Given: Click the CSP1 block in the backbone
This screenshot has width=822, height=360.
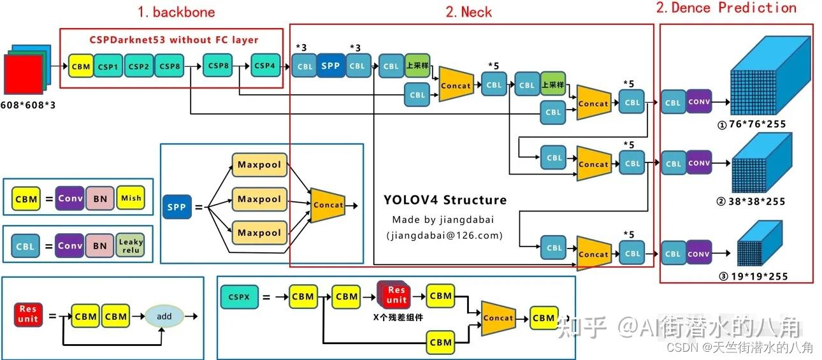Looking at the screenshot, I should [x=108, y=66].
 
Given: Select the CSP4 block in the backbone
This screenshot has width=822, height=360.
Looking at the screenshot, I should [x=264, y=66].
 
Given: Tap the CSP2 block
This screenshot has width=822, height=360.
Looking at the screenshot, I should [x=138, y=66].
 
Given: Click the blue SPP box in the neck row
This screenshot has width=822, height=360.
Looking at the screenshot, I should [x=330, y=66].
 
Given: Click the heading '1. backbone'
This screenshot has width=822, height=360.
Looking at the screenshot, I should [x=177, y=12].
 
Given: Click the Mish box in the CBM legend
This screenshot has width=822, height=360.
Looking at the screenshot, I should [x=131, y=198].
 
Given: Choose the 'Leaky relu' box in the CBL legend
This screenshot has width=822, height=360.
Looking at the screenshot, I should [x=131, y=246].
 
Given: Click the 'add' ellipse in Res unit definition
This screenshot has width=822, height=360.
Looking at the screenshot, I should [x=164, y=316].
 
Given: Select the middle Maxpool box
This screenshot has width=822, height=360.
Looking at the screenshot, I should [x=259, y=199].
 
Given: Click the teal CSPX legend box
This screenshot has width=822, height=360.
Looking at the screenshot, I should [x=239, y=297].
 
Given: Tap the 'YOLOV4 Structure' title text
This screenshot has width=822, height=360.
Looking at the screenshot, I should [x=445, y=199].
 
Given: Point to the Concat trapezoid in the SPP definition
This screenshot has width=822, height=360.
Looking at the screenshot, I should [x=328, y=205].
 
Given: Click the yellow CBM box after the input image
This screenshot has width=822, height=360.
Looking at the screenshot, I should [x=81, y=66].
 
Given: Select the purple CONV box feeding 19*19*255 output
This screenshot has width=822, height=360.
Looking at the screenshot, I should [x=698, y=254].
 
